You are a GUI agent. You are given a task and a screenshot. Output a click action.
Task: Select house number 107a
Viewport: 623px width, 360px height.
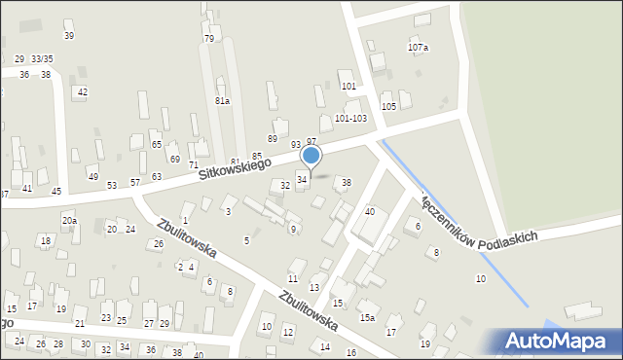tap(418, 47)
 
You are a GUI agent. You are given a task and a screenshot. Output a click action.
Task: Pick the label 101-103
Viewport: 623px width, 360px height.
tap(350, 118)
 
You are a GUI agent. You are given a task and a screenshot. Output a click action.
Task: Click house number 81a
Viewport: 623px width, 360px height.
tap(223, 101)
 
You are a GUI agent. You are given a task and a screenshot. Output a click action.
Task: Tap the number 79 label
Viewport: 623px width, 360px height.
tap(209, 39)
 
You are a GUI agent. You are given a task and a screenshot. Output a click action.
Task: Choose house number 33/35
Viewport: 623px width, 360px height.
tap(42, 59)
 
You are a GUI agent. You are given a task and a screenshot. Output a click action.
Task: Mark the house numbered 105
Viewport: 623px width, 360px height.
tap(388, 106)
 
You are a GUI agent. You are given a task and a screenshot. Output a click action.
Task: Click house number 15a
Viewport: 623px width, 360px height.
tap(367, 317)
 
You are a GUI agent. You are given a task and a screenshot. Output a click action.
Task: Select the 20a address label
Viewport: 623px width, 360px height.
tap(69, 221)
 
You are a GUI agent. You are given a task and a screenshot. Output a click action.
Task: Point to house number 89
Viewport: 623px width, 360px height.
tap(273, 138)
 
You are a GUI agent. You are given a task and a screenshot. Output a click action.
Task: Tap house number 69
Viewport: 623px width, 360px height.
tap(175, 159)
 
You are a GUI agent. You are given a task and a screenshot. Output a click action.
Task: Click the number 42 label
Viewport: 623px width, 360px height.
tap(83, 92)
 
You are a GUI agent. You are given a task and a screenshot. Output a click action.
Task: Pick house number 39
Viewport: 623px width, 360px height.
tap(68, 36)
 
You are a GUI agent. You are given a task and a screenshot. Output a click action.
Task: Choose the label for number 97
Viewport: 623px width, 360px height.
tap(311, 142)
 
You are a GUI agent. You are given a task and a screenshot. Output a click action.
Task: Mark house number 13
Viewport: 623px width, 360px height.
tap(314, 288)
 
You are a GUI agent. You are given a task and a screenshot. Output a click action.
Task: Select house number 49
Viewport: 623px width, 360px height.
tap(92, 176)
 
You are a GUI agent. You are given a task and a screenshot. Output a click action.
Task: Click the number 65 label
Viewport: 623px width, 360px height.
tap(157, 144)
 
